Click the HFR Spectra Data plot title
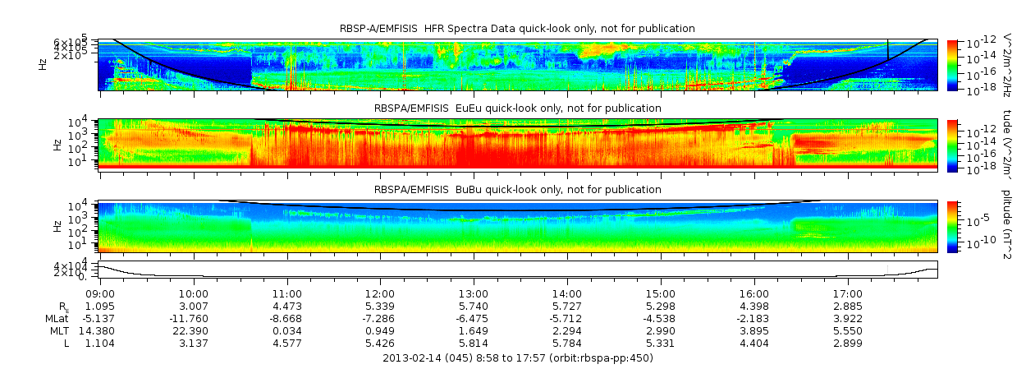click(517, 29)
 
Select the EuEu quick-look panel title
click(517, 108)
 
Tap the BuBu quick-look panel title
click(517, 190)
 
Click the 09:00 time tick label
click(100, 293)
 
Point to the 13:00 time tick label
click(474, 293)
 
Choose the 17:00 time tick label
click(847, 293)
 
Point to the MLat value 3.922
click(847, 318)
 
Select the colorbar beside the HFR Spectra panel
click(953, 64)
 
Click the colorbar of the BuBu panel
click(953, 226)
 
